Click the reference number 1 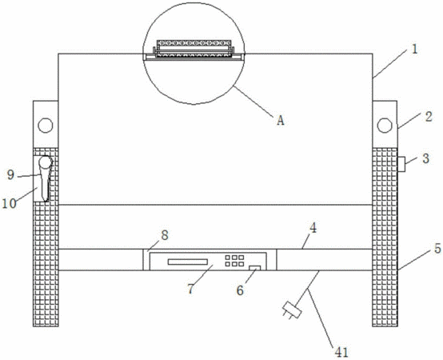click(414, 50)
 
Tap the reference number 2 click(429, 117)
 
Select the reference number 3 click(426, 158)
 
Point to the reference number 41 click(341, 352)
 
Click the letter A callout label click(280, 121)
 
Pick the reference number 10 click(9, 203)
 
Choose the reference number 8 click(165, 235)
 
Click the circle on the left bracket click(46, 125)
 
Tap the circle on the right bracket click(385, 125)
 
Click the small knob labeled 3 click(401, 164)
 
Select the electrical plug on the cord click(292, 310)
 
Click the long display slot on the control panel click(188, 262)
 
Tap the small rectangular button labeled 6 click(254, 268)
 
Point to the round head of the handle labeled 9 click(46, 162)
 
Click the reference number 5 click(437, 248)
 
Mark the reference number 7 click(191, 289)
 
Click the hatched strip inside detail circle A click(194, 43)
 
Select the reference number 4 click(313, 228)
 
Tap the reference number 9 click(10, 175)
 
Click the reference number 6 click(240, 290)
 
